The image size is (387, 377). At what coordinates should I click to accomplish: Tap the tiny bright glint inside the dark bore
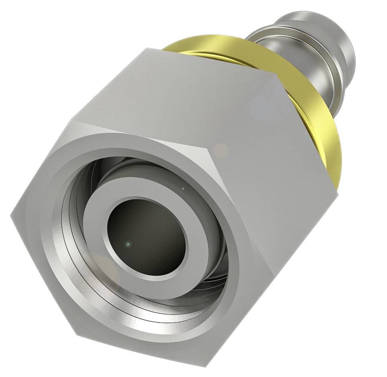(128, 244)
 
